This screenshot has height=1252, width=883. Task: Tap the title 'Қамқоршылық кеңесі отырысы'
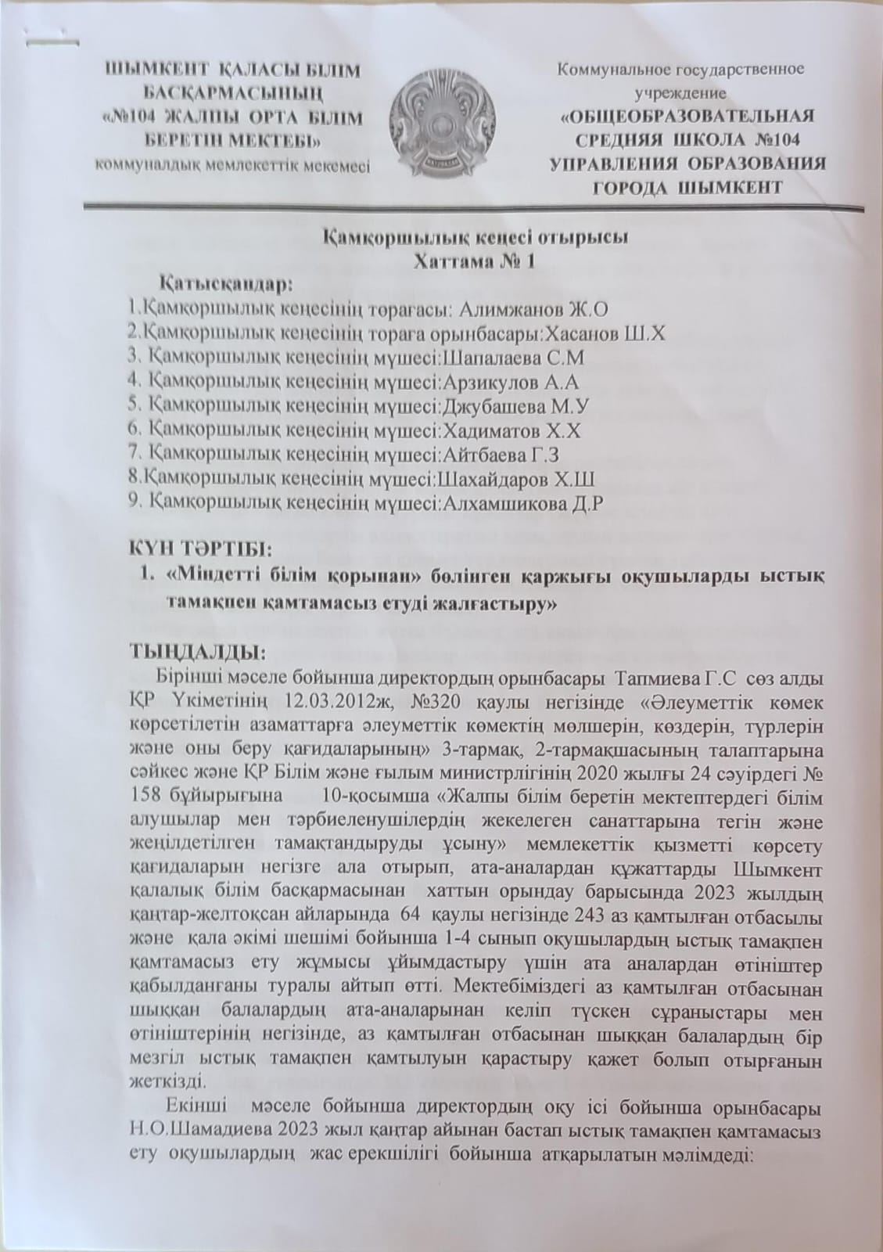pos(477,239)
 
